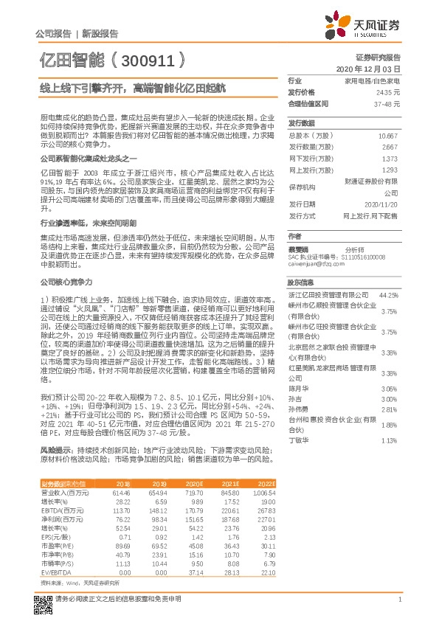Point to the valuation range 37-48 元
click(386, 103)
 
